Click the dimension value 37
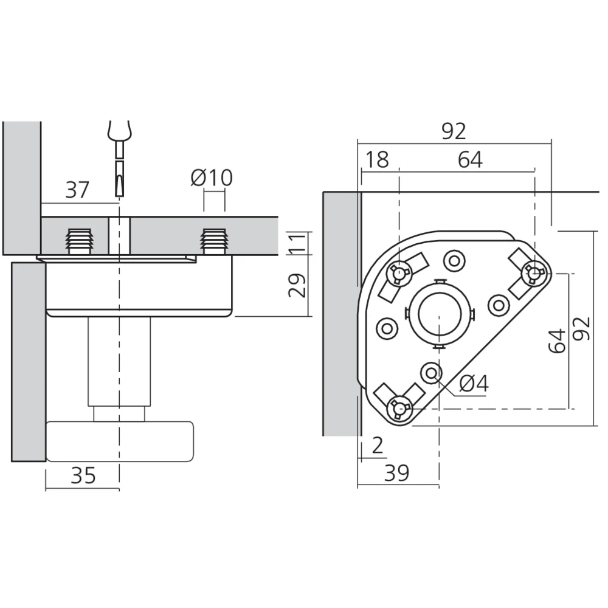77,190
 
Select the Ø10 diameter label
211,178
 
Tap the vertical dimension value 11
298,243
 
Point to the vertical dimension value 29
298,285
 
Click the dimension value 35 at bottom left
83,475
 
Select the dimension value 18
377,160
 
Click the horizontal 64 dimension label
470,160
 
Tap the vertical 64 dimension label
557,341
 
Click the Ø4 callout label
474,384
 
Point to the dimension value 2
378,446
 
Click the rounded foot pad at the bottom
120,441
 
